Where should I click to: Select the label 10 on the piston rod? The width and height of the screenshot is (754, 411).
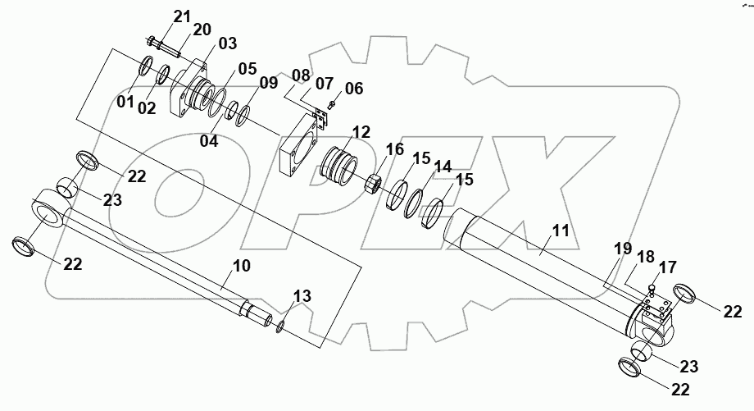[x=242, y=267]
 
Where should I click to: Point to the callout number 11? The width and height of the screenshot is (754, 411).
[x=560, y=231]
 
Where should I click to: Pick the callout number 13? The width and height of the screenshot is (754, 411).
[x=302, y=296]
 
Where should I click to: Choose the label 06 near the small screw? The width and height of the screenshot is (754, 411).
[x=353, y=89]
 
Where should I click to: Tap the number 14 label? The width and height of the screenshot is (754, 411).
[x=443, y=167]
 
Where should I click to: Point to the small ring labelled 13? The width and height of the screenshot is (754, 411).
[x=281, y=328]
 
